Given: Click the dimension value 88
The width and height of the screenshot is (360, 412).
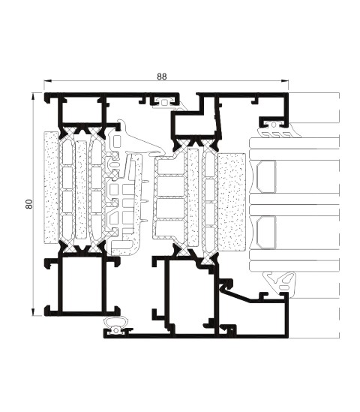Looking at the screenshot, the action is (162, 77).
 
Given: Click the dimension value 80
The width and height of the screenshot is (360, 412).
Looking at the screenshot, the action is (29, 204).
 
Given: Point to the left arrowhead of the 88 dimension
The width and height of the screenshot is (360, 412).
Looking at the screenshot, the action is (47, 80).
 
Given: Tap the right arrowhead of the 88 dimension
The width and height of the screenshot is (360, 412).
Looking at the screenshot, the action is (285, 80).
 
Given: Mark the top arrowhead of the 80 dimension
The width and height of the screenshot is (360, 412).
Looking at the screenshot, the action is (33, 96).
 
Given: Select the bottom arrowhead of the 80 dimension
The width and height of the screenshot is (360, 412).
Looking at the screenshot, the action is (33, 311).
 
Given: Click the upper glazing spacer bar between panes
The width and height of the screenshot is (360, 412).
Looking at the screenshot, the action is (266, 177).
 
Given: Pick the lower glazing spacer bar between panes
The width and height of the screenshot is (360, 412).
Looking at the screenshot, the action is (266, 233).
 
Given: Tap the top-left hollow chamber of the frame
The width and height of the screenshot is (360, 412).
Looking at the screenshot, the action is (82, 110).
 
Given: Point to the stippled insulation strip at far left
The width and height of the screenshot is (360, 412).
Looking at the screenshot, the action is (51, 187).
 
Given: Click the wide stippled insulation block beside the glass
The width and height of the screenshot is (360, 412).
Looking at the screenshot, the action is (232, 202).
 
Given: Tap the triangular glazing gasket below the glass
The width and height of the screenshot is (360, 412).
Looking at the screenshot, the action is (280, 281).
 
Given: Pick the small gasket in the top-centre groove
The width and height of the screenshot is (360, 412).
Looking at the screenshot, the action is (166, 101).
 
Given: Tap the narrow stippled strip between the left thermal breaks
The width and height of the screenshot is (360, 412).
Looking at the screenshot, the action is (81, 189).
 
